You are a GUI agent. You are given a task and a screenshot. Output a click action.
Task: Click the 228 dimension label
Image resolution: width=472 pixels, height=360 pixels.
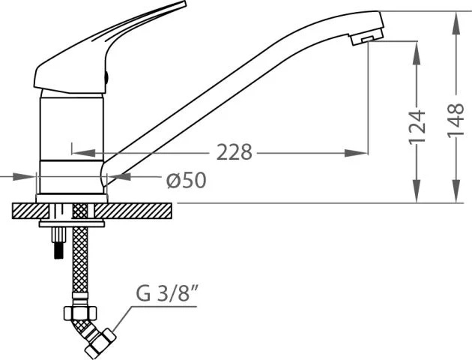(x=235, y=152)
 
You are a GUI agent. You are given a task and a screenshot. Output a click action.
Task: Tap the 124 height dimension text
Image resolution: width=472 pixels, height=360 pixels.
(x=417, y=127)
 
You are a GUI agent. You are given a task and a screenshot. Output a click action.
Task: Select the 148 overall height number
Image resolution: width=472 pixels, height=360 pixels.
(x=456, y=121)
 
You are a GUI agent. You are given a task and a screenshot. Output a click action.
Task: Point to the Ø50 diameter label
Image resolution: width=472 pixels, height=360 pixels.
(x=187, y=180)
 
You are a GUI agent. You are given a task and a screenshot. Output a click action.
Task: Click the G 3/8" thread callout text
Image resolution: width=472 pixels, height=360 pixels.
(x=167, y=293)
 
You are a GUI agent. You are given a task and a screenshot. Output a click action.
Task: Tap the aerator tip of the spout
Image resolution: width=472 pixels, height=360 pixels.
(x=367, y=38)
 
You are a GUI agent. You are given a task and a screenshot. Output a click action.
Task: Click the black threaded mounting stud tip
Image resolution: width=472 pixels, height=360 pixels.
(x=58, y=250)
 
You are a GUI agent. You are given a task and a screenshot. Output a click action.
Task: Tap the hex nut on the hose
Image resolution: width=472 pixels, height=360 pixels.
(x=80, y=313)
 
